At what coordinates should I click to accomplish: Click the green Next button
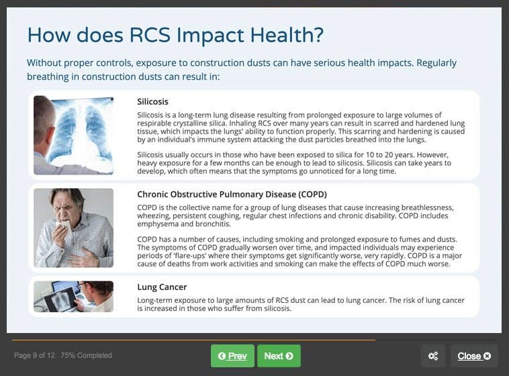279,356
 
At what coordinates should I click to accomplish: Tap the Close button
473,356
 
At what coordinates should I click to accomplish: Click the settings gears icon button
432,356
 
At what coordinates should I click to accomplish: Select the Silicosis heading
152,102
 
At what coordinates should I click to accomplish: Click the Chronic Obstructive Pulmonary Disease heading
232,194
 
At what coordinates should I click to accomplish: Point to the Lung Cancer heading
162,287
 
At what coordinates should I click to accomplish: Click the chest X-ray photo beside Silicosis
73,135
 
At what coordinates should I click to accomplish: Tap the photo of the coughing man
73,228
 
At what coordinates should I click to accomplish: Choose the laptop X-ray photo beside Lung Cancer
73,296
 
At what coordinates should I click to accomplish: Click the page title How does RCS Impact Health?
175,35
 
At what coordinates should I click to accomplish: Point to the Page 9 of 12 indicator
34,355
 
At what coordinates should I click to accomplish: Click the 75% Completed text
86,355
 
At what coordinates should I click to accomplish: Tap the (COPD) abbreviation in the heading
308,194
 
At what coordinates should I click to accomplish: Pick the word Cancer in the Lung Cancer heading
173,287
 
